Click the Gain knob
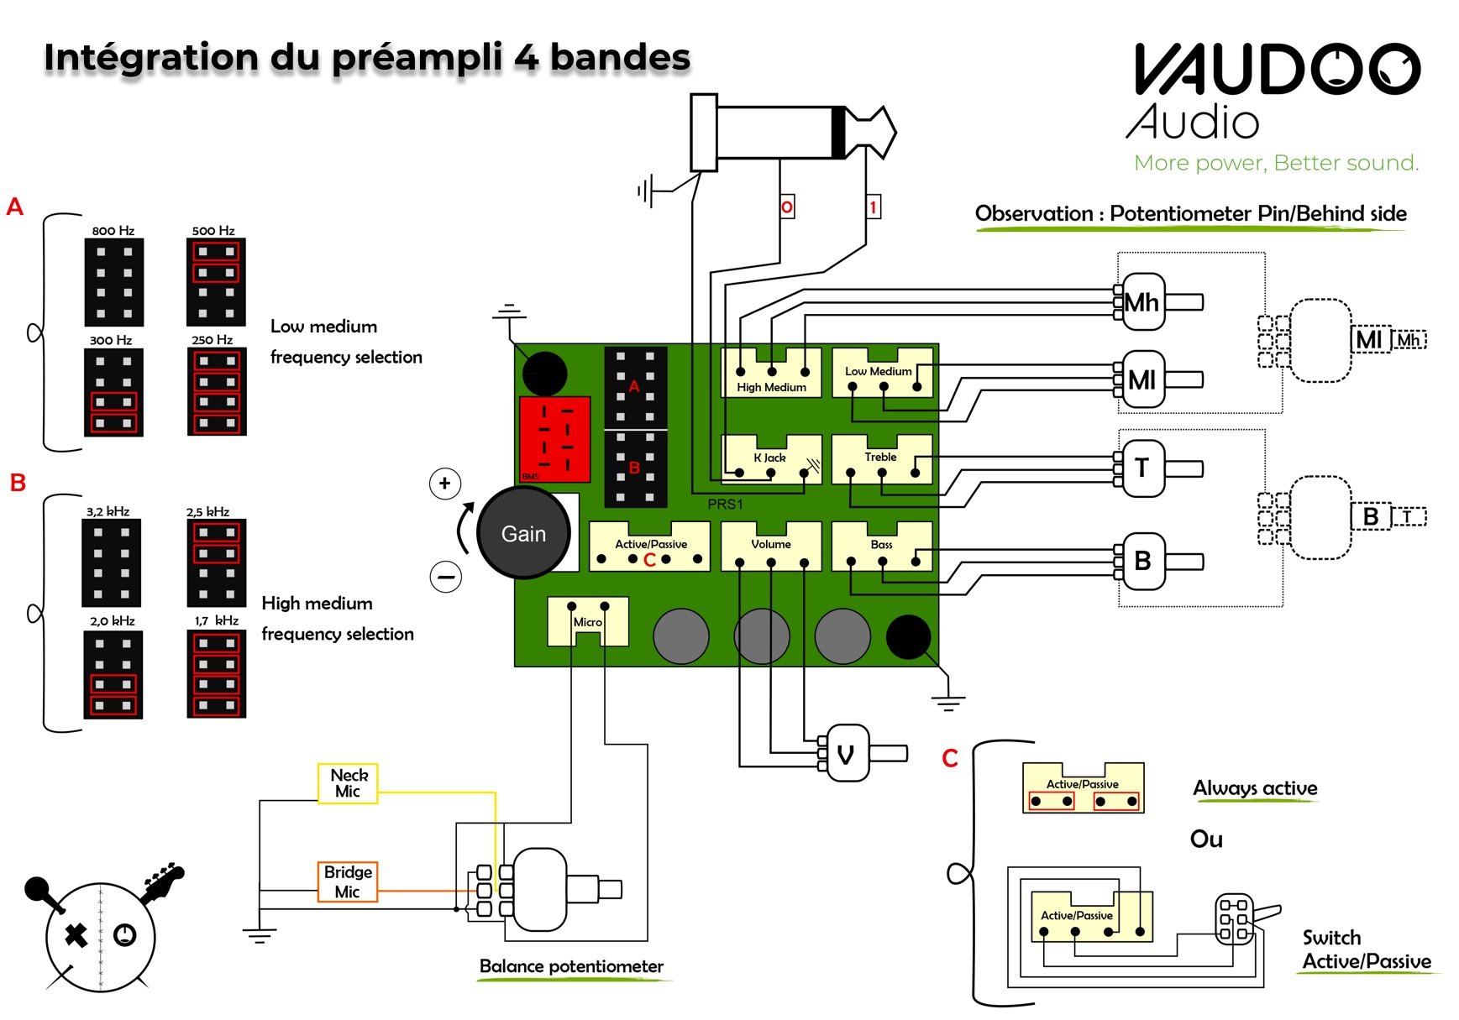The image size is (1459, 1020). (x=523, y=533)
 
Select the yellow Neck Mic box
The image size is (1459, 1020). (x=348, y=783)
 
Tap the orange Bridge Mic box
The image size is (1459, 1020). (x=348, y=881)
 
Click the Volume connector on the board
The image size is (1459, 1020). (x=771, y=547)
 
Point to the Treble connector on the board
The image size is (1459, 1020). (x=882, y=459)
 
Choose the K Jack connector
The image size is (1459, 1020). (x=771, y=459)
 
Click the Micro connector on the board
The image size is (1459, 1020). (x=588, y=621)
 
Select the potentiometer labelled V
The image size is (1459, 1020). (x=847, y=753)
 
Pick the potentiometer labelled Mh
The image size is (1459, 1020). (x=1142, y=302)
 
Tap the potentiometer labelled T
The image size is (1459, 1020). (x=1142, y=468)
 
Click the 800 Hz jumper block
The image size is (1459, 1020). (x=114, y=282)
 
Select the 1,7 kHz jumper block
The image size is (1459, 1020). (x=217, y=674)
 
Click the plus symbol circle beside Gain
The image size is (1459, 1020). (x=445, y=484)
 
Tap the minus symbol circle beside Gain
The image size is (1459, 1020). (x=446, y=577)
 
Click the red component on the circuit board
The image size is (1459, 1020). (x=555, y=439)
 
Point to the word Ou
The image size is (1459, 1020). (x=1206, y=840)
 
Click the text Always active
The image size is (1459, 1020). (x=1255, y=788)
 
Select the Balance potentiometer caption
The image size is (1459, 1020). (x=571, y=966)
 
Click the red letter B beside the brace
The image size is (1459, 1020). (x=18, y=483)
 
